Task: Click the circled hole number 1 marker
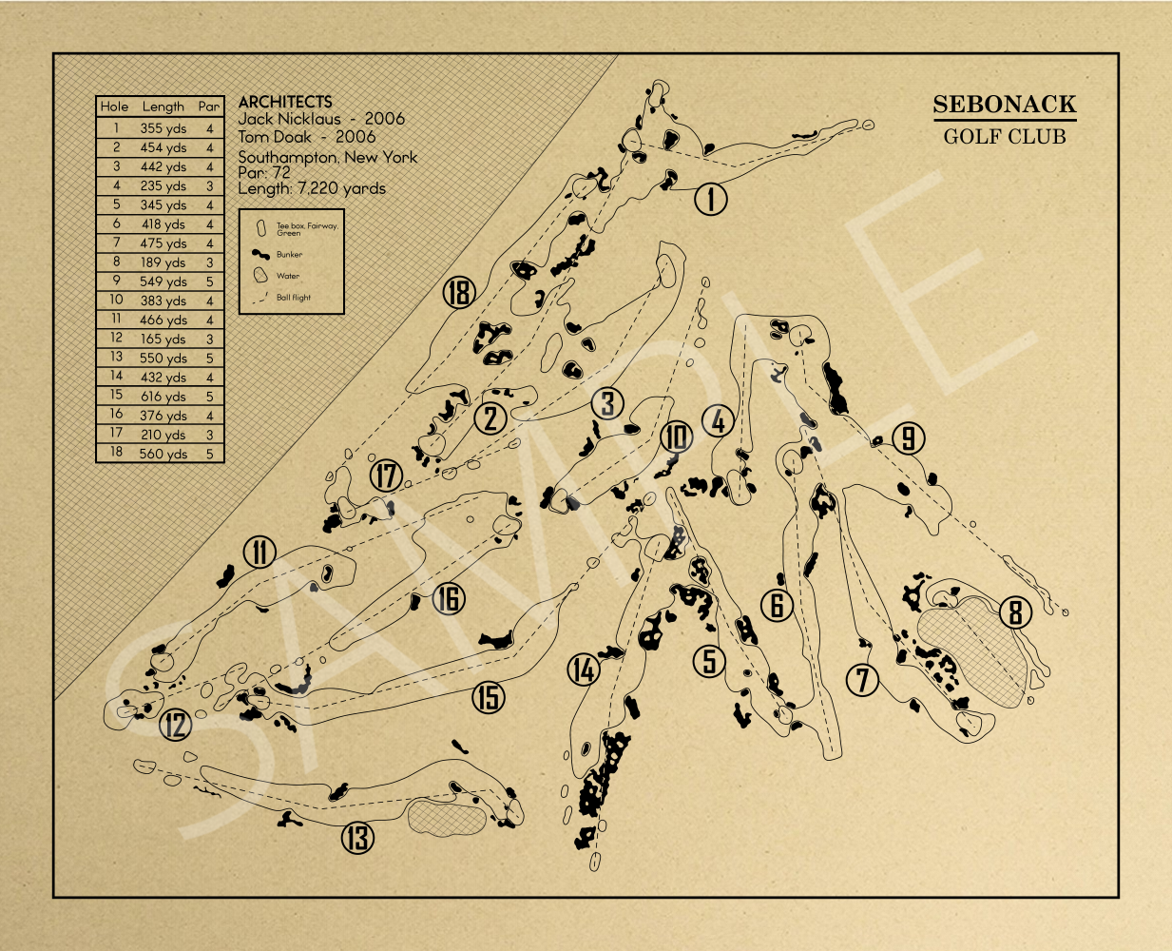[710, 199]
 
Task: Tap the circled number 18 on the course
[459, 292]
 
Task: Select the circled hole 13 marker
[357, 838]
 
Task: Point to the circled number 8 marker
[1015, 612]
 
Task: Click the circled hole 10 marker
[676, 437]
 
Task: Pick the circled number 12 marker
[176, 725]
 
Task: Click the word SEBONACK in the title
[1005, 104]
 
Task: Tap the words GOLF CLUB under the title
[1005, 137]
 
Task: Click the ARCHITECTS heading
[285, 102]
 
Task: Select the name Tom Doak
[275, 137]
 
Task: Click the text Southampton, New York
[327, 158]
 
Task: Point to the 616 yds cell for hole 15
[163, 397]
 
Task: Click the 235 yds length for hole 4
[163, 185]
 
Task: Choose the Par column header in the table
[209, 107]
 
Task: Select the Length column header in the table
[163, 107]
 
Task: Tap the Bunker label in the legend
[289, 254]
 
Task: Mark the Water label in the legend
[288, 276]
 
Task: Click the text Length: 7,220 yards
[312, 188]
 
